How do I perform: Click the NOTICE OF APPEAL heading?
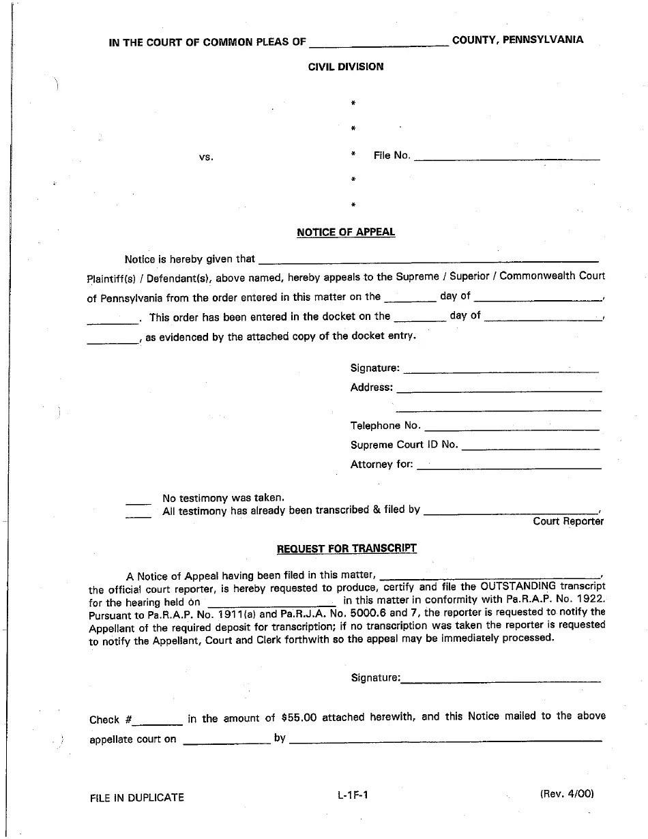point(346,232)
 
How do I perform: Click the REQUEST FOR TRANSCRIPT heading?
point(347,548)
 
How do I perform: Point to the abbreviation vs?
point(206,157)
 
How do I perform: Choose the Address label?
point(371,387)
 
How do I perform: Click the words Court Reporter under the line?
point(568,521)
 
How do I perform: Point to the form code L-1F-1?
point(352,794)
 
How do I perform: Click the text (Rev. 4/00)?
point(567,793)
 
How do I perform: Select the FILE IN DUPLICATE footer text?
point(136,797)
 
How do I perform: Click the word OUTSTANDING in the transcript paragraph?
point(518,586)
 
